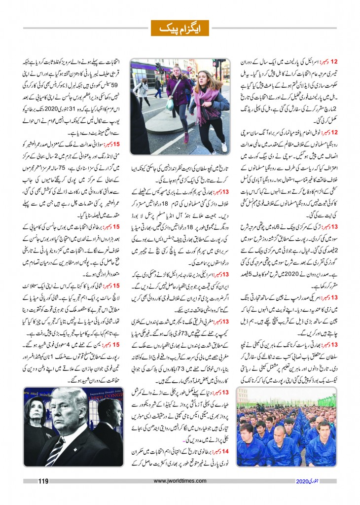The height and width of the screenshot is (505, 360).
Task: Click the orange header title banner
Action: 180,28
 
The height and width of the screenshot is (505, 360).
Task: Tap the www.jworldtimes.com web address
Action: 180,480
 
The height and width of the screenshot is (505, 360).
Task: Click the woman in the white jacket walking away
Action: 142,89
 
